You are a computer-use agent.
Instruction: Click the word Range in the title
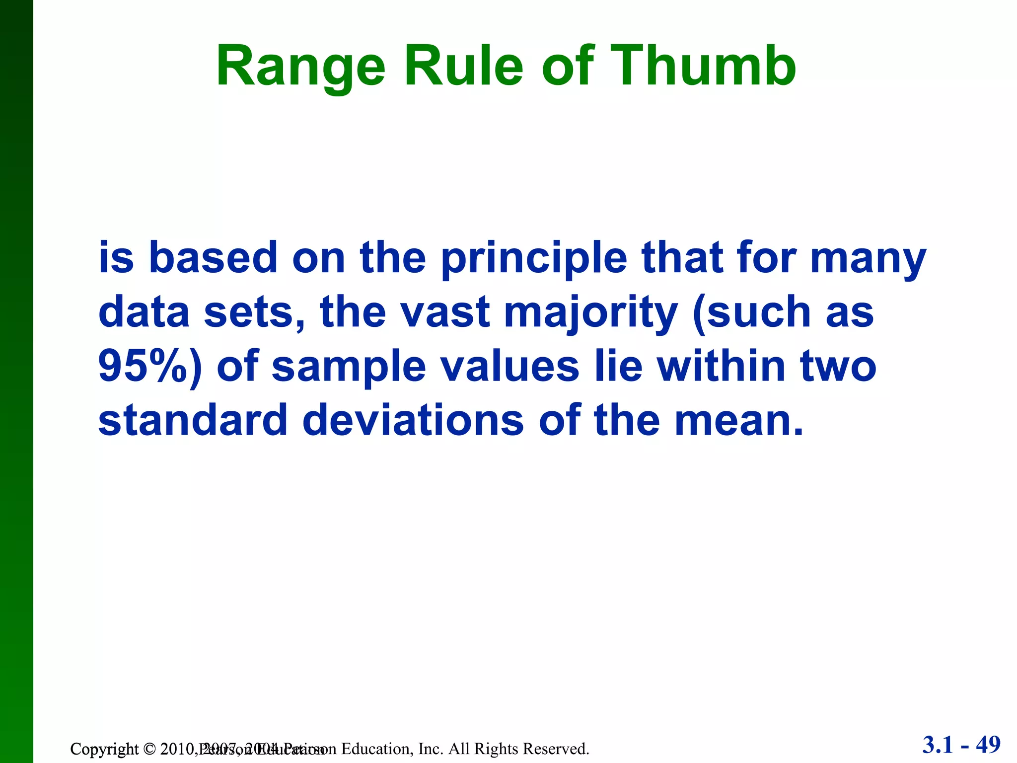point(301,67)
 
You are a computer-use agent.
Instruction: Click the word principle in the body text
point(534,259)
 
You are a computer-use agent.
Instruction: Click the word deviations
point(413,420)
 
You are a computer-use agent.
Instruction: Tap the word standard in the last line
point(193,420)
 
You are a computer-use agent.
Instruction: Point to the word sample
point(349,368)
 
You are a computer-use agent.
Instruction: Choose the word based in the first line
point(213,258)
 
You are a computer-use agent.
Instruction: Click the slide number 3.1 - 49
point(961,745)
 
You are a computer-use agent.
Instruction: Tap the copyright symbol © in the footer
point(149,749)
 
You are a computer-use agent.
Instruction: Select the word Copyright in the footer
point(104,749)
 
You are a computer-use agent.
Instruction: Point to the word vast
point(445,313)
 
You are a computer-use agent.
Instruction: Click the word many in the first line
point(868,259)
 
